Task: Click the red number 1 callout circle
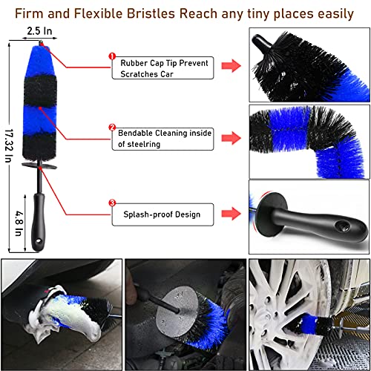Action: (112, 56)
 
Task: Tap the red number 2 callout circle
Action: (112, 128)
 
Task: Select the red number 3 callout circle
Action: (112, 203)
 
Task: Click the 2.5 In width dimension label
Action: (39, 31)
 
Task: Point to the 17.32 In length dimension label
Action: (9, 145)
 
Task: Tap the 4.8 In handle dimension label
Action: (19, 223)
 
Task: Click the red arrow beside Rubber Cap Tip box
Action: (231, 65)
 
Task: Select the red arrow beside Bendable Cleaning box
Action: (231, 138)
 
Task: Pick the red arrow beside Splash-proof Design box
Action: (231, 213)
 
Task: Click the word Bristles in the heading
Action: (151, 13)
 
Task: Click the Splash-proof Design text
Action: (162, 214)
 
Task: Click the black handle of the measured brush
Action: (39, 221)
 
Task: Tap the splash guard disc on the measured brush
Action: (39, 165)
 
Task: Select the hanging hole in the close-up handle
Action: (343, 226)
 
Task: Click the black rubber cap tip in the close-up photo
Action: (261, 42)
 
